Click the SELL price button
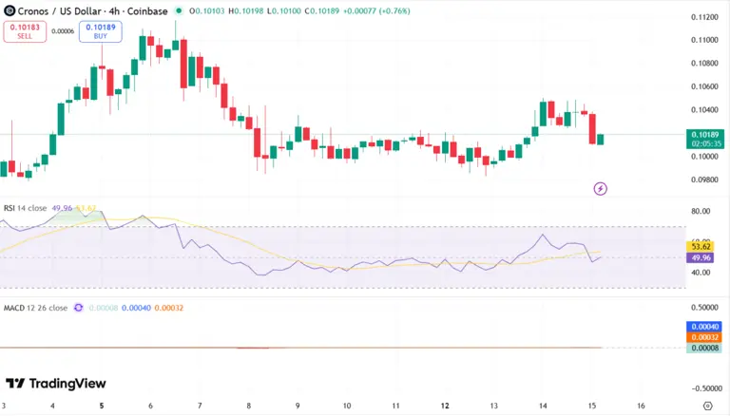click(x=20, y=30)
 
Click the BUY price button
click(x=100, y=30)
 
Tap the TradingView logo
click(x=55, y=383)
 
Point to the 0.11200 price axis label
click(x=704, y=17)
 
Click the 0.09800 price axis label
click(x=704, y=180)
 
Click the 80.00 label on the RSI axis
click(x=701, y=211)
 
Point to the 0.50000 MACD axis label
click(x=704, y=308)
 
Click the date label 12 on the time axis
click(x=445, y=406)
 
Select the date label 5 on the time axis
click(x=102, y=406)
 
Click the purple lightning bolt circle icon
click(x=601, y=188)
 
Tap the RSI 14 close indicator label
click(x=26, y=208)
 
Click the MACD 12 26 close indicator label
click(x=35, y=308)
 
